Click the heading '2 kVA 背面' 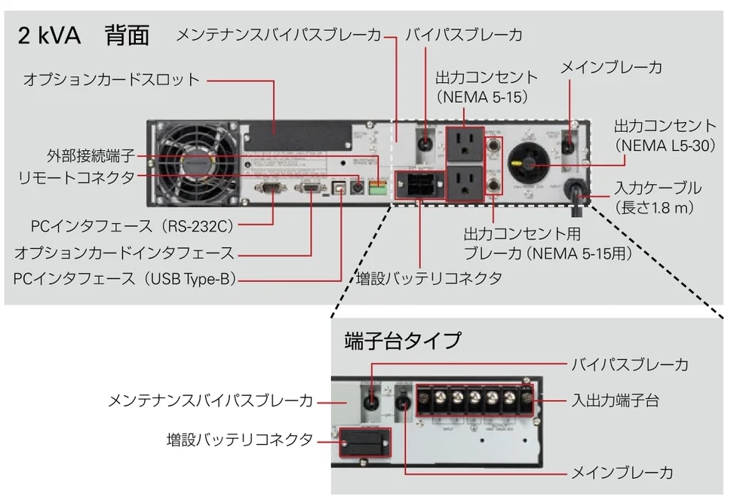(x=84, y=35)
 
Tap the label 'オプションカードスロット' (x=112, y=79)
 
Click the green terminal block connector (x=376, y=184)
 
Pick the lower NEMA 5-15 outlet (x=465, y=184)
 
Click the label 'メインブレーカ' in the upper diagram (x=610, y=68)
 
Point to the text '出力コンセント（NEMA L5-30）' (x=664, y=136)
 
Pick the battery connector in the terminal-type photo (x=364, y=440)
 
